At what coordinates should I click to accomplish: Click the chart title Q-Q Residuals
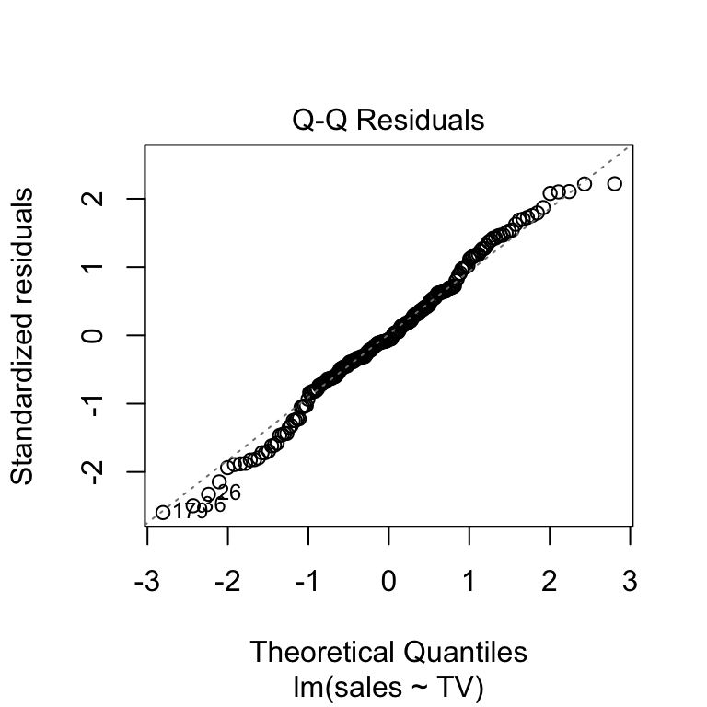click(388, 120)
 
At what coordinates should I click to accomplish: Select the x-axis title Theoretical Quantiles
click(388, 652)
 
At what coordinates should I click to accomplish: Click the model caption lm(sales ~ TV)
click(388, 686)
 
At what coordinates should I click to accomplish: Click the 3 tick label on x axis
click(631, 582)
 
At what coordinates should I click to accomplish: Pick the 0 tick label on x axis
click(388, 582)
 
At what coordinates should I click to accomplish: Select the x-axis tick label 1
click(469, 582)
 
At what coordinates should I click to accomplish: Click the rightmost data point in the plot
click(614, 184)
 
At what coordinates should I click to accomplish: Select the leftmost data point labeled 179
click(163, 512)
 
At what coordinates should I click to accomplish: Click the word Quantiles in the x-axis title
click(466, 652)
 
